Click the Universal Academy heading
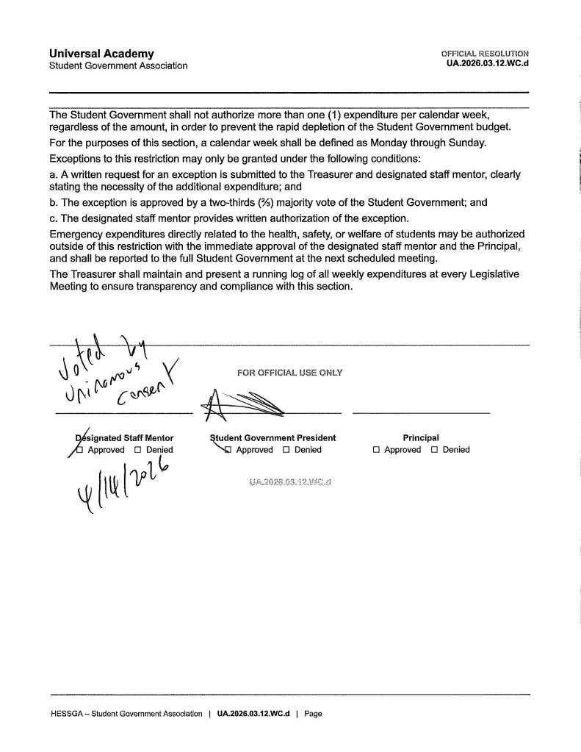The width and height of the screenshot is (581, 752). coord(101,54)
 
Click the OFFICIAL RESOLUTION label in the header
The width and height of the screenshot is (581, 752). coord(485,54)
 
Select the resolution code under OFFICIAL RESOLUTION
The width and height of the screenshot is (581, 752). coord(487,64)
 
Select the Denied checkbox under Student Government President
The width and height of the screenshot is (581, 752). coord(286,450)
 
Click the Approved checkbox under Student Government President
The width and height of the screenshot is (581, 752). coord(228,450)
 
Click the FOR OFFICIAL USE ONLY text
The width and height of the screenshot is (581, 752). coord(289,373)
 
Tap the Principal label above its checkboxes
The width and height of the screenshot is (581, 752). coord(421,438)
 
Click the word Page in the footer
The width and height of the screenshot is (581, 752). coord(313,713)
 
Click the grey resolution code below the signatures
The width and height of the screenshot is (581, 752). coord(291,482)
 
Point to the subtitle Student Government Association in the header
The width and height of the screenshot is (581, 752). coord(118,65)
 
